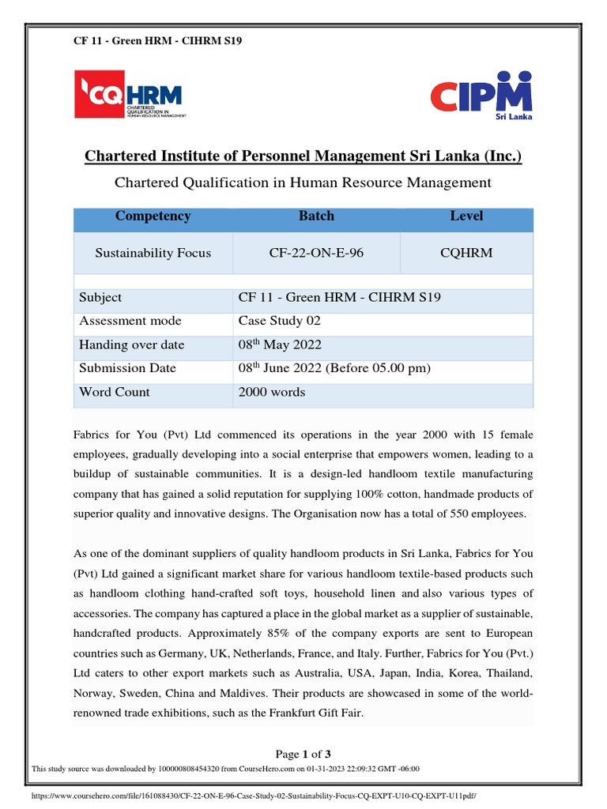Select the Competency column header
(x=153, y=216)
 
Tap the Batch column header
(x=316, y=216)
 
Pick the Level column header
(x=466, y=216)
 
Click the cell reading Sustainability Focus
(x=153, y=254)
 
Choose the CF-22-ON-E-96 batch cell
(x=316, y=254)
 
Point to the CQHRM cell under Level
(x=466, y=254)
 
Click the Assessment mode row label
(x=130, y=322)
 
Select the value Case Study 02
(x=280, y=322)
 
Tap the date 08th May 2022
(x=280, y=345)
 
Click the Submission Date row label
(x=127, y=369)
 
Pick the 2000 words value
(x=272, y=393)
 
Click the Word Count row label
(x=114, y=393)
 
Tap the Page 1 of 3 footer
(x=303, y=754)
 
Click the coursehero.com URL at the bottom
(x=253, y=796)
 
